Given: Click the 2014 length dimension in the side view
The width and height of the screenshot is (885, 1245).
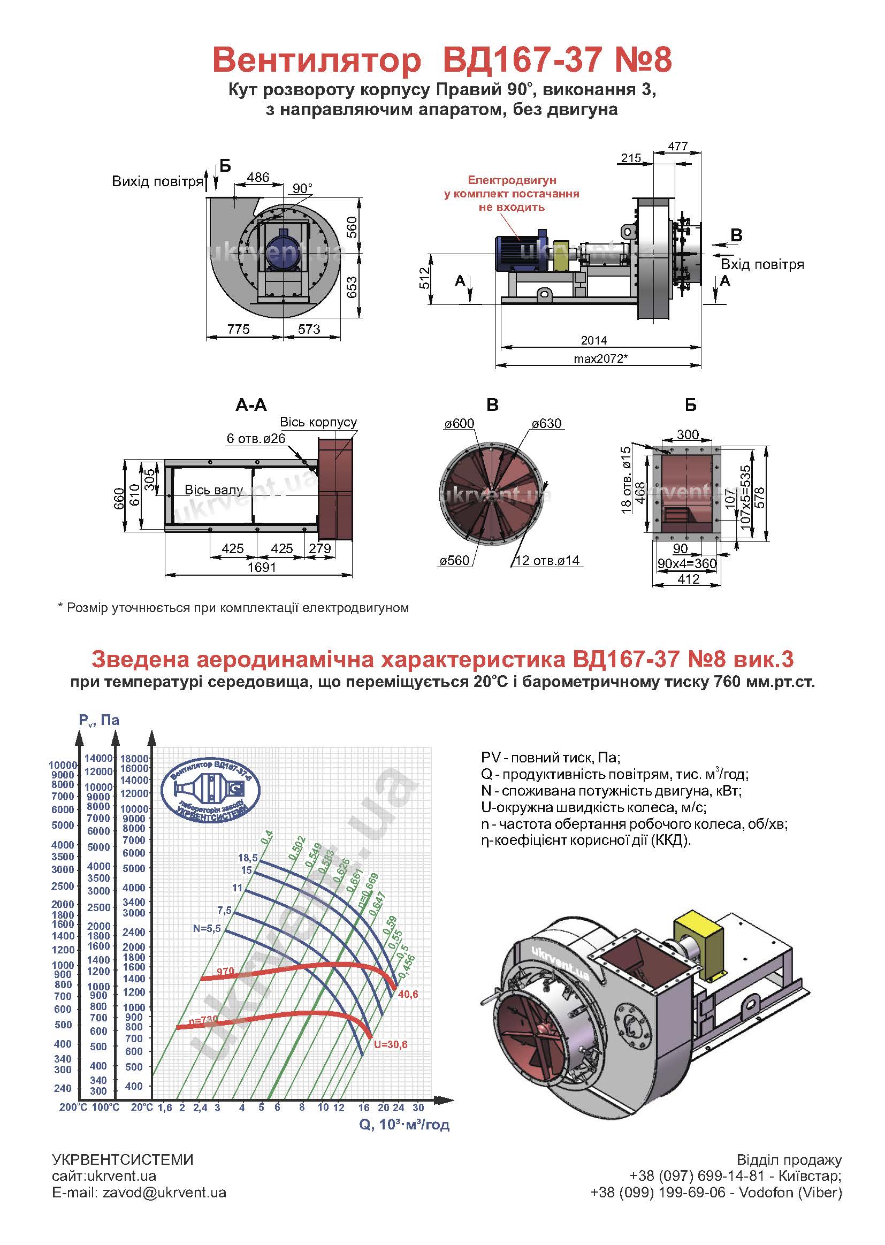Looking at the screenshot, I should pyautogui.click(x=593, y=340).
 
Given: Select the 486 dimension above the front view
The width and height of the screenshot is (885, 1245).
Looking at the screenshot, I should pyautogui.click(x=258, y=178).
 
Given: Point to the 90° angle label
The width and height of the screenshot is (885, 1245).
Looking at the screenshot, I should pyautogui.click(x=302, y=188).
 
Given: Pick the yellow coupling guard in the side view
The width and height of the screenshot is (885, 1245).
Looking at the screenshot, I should pyautogui.click(x=561, y=256).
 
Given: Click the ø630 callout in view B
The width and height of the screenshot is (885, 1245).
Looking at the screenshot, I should pyautogui.click(x=547, y=424).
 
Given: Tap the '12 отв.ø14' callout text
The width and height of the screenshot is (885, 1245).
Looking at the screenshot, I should pyautogui.click(x=547, y=561).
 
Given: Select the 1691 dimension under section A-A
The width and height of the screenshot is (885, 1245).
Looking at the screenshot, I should pyautogui.click(x=262, y=567).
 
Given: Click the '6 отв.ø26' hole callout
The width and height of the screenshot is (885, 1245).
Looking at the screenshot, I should pyautogui.click(x=256, y=439).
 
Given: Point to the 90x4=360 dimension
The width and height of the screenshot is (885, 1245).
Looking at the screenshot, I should pyautogui.click(x=686, y=563).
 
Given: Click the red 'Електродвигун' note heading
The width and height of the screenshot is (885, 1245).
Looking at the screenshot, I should pyautogui.click(x=512, y=180).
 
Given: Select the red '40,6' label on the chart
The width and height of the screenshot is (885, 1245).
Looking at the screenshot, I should pyautogui.click(x=408, y=995).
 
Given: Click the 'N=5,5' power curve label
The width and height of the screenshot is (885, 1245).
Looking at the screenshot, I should pyautogui.click(x=207, y=928).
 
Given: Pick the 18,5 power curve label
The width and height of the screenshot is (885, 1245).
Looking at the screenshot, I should pyautogui.click(x=248, y=858).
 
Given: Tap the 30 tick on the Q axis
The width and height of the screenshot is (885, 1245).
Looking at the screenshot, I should pyautogui.click(x=418, y=1107).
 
